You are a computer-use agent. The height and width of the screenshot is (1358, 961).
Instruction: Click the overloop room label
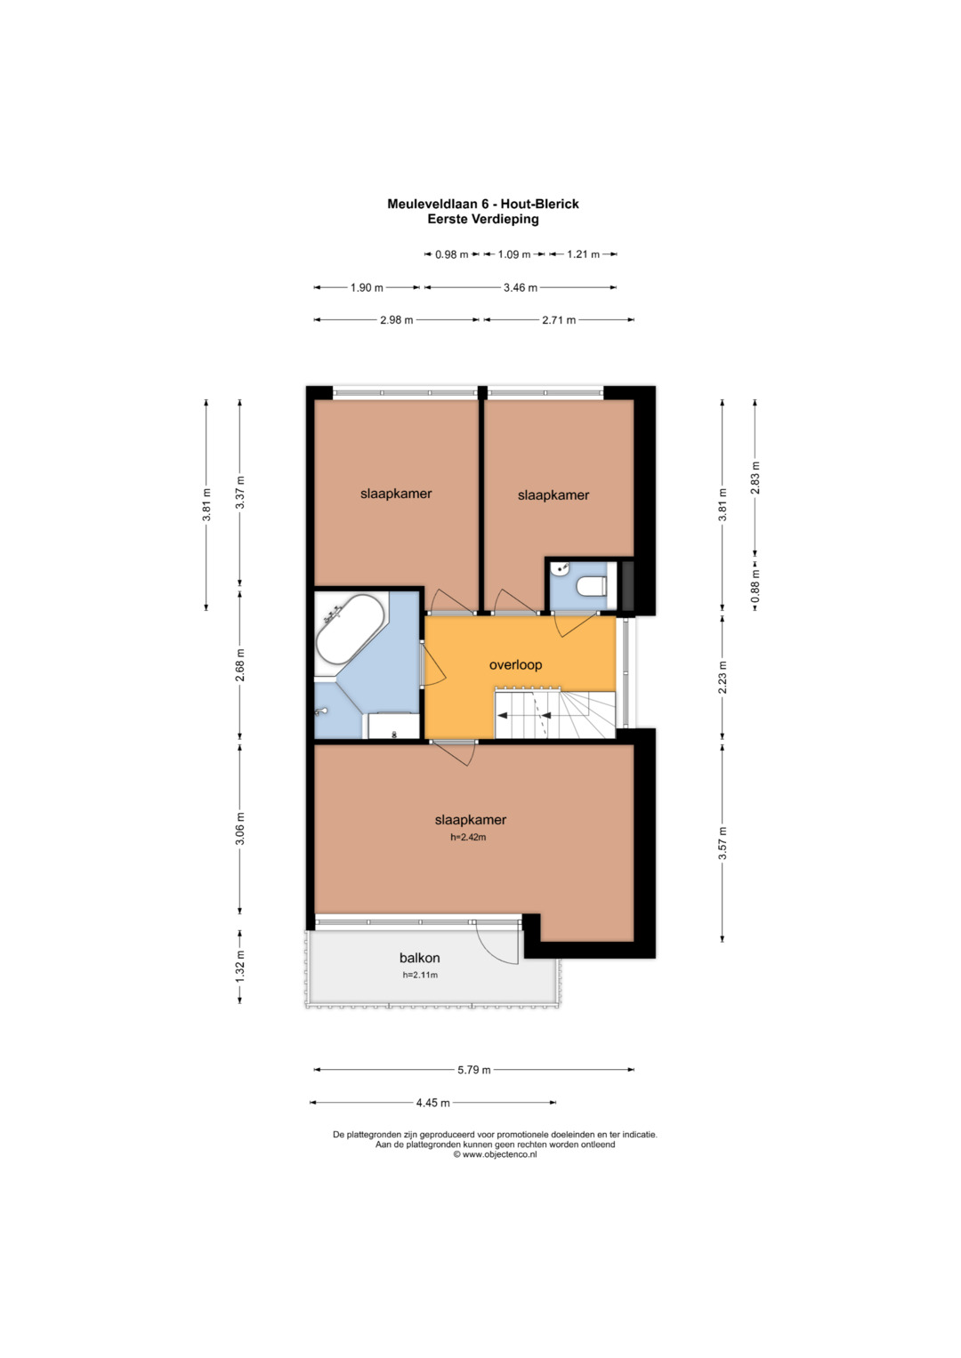click(515, 664)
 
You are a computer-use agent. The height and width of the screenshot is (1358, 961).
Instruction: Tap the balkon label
click(419, 958)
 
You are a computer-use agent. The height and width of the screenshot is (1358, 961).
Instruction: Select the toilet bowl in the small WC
click(591, 586)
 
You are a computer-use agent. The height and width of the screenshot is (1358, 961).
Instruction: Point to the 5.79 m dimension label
click(473, 1070)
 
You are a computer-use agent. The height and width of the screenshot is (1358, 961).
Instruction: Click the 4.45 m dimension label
click(432, 1103)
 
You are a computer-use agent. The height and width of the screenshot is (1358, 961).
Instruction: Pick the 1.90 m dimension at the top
click(367, 287)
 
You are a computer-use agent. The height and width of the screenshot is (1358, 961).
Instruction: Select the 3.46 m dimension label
click(520, 287)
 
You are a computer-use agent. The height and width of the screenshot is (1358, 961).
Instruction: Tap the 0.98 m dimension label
click(451, 254)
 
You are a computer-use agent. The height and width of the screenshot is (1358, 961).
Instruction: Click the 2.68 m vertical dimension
click(240, 665)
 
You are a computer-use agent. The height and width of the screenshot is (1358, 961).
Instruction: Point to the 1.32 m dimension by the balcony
click(240, 967)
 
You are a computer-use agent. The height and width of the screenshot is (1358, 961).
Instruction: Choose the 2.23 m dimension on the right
click(722, 677)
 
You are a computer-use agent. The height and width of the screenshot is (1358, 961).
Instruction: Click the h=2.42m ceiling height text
click(468, 837)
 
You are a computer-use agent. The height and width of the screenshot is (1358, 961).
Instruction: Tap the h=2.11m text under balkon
click(420, 975)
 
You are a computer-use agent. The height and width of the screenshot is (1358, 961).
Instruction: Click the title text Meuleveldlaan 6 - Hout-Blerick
click(483, 204)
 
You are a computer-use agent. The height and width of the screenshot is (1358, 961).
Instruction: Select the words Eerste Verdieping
click(483, 220)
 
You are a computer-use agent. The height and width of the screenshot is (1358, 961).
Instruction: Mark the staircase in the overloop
click(555, 712)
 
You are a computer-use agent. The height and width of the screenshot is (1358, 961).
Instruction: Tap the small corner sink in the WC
click(560, 569)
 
